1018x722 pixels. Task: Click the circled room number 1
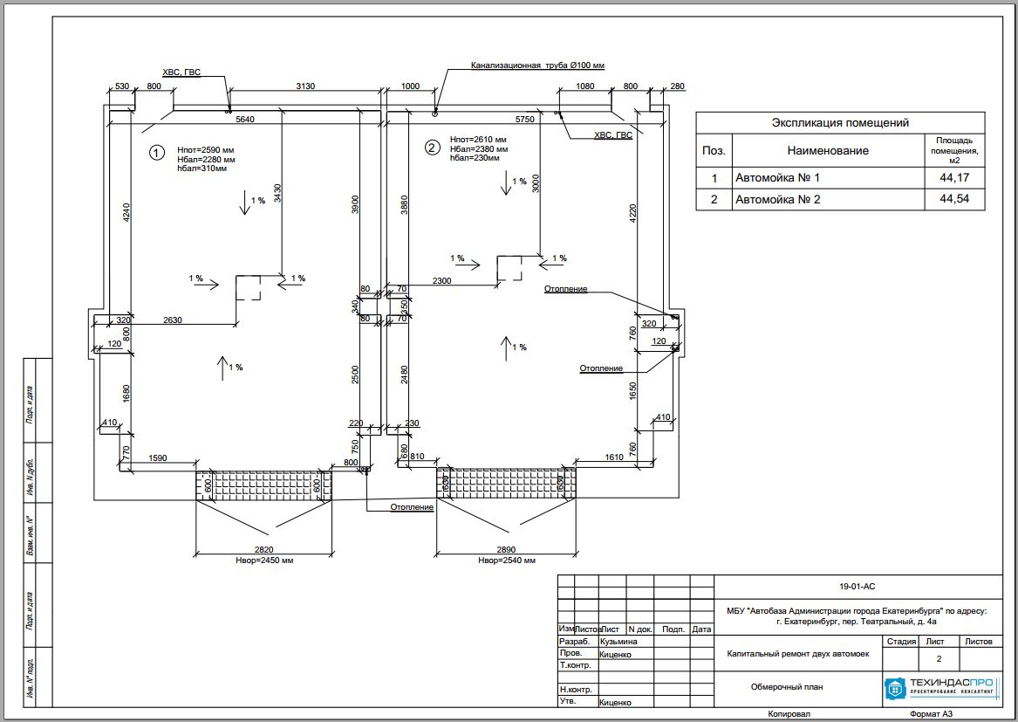[156, 153]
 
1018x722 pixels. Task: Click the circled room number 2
[431, 148]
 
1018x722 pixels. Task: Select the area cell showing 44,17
[954, 178]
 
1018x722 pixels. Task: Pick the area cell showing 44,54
[954, 200]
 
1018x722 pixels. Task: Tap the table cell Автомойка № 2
[778, 200]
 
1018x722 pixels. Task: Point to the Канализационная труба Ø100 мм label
[537, 65]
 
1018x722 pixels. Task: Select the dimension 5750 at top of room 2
[524, 119]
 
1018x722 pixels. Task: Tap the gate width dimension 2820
[263, 549]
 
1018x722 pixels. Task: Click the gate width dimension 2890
[507, 549]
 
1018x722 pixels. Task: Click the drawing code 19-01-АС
[857, 587]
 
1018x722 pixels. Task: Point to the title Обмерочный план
[787, 687]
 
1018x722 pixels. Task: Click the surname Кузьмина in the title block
[619, 642]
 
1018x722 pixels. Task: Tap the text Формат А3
[931, 714]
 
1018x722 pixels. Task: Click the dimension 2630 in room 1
[172, 320]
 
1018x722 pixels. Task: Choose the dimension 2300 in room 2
[442, 280]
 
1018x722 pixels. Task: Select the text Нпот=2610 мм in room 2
[478, 140]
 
